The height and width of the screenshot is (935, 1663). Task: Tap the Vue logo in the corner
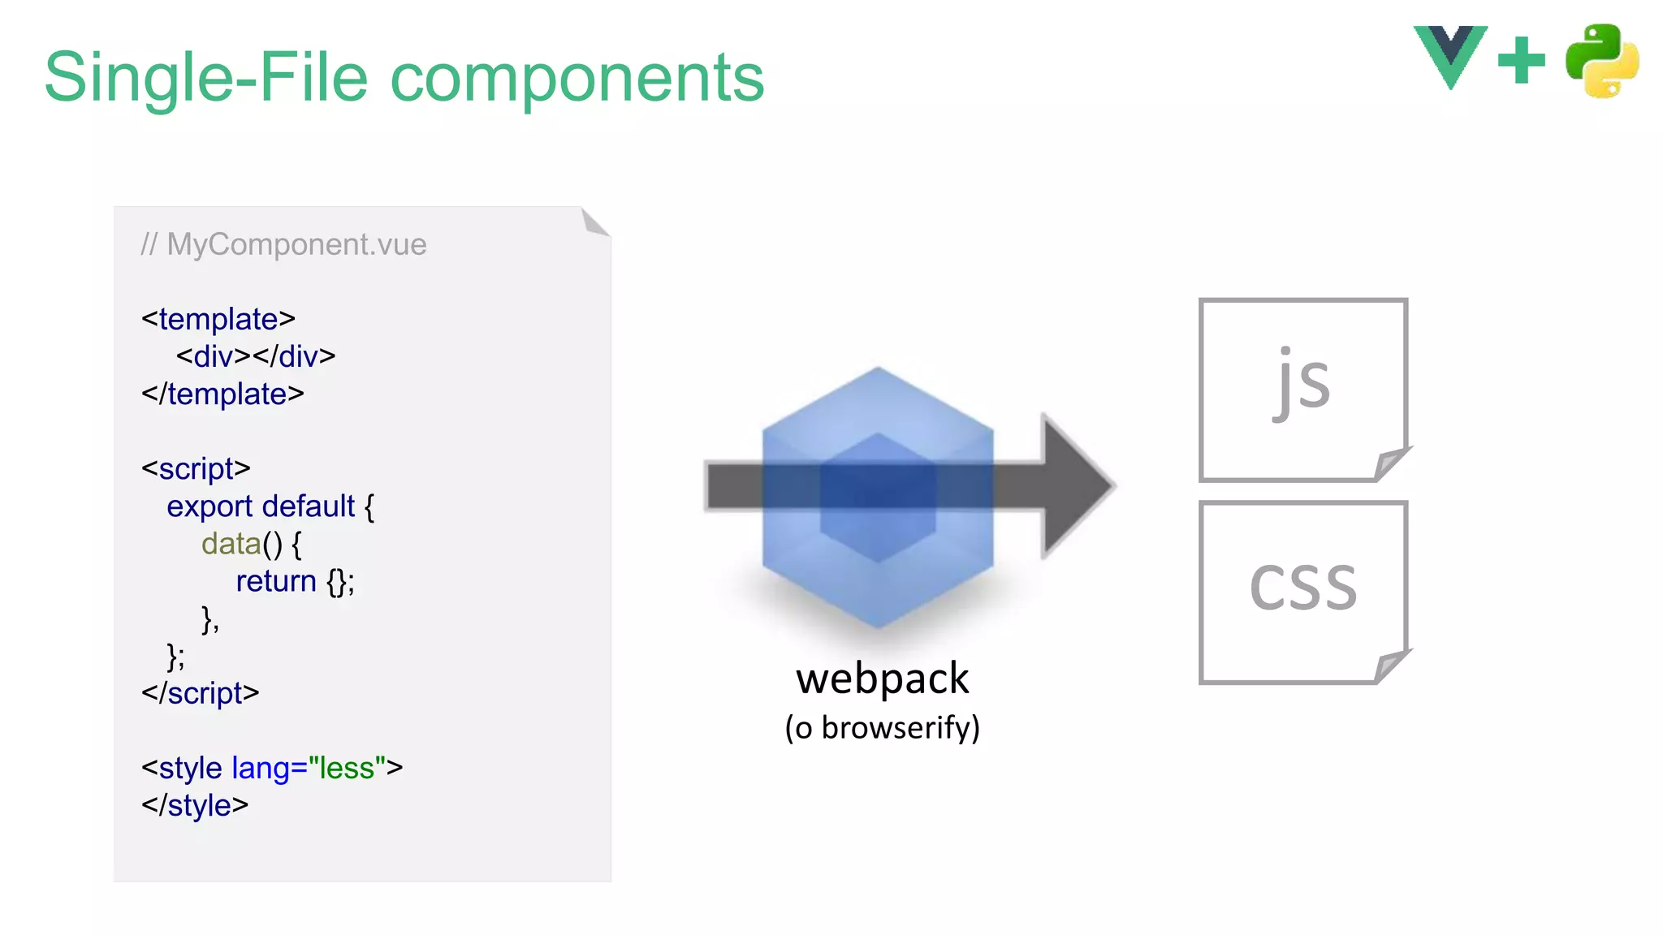click(x=1450, y=55)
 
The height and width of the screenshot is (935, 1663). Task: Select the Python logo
click(x=1602, y=61)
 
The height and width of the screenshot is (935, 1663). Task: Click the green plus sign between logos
click(x=1521, y=60)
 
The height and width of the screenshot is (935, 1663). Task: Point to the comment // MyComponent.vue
click(x=283, y=244)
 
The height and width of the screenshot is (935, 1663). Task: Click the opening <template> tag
click(x=218, y=319)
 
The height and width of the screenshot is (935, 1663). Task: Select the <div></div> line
click(x=256, y=356)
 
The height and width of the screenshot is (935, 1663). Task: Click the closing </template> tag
click(x=222, y=394)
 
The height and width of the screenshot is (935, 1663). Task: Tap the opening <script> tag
click(x=196, y=468)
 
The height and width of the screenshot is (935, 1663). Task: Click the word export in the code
click(x=209, y=506)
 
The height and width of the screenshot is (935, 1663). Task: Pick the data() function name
click(x=231, y=544)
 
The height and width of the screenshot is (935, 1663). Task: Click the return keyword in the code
click(x=276, y=581)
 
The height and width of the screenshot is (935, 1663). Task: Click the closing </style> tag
click(x=195, y=805)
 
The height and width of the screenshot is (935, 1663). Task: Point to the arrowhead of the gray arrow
click(x=1077, y=485)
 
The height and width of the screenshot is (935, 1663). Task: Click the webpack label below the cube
click(x=882, y=679)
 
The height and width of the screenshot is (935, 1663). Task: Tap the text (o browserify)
click(x=882, y=728)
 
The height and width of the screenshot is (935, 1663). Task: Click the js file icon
click(x=1303, y=389)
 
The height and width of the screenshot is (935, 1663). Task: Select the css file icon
click(x=1303, y=592)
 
